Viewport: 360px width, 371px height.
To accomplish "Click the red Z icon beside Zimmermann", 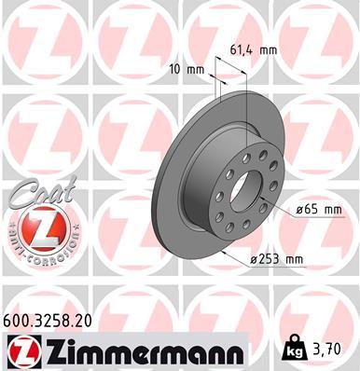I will pyautogui.click(x=21, y=352).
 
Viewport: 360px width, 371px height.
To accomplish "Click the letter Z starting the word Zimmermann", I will pyautogui.click(x=50, y=351).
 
